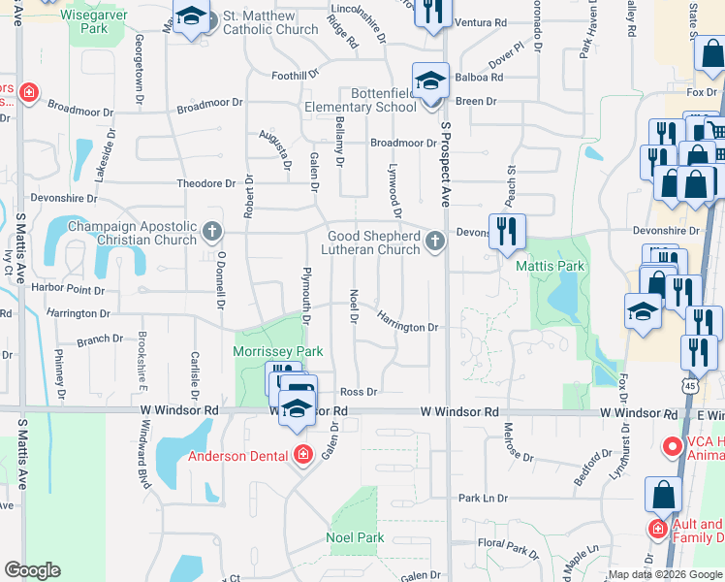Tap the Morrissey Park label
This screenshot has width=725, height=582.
(277, 351)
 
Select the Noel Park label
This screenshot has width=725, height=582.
(355, 537)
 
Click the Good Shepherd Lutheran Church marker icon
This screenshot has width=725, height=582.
(435, 242)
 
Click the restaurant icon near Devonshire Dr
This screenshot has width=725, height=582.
(507, 231)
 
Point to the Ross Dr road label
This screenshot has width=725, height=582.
(358, 392)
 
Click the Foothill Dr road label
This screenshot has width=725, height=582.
(296, 75)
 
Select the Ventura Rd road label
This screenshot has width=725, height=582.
(480, 21)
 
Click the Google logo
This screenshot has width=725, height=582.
(32, 570)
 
